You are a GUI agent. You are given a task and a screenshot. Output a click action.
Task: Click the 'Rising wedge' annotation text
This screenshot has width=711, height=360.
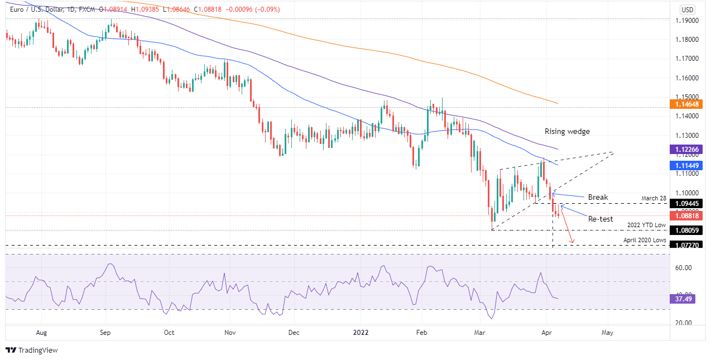pyautogui.click(x=568, y=132)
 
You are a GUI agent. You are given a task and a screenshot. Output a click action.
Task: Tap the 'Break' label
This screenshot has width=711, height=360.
pyautogui.click(x=597, y=197)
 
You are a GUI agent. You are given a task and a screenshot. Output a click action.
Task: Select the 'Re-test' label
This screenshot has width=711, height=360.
pyautogui.click(x=601, y=219)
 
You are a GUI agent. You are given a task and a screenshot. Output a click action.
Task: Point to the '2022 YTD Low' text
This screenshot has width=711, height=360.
pyautogui.click(x=646, y=225)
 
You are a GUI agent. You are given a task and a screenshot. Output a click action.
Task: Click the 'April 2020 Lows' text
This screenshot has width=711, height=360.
pyautogui.click(x=645, y=240)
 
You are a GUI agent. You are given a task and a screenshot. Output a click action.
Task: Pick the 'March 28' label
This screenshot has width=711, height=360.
pyautogui.click(x=654, y=199)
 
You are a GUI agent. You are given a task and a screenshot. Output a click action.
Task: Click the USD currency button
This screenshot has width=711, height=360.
pyautogui.click(x=687, y=9)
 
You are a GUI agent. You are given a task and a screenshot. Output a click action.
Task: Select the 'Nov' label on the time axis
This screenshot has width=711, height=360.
pyautogui.click(x=229, y=333)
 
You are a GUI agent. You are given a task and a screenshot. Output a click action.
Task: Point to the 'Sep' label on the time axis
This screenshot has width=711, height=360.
pyautogui.click(x=105, y=333)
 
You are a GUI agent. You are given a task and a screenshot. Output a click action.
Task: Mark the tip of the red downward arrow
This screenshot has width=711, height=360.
pyautogui.click(x=573, y=243)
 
